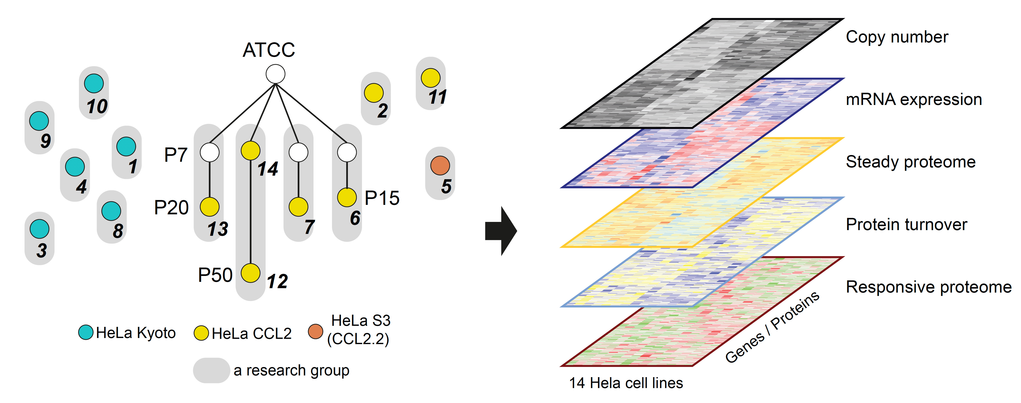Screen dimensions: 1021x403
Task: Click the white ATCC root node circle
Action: pos(275,74)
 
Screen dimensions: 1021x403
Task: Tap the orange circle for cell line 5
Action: pos(440,165)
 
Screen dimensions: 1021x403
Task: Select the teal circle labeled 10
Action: pos(94,83)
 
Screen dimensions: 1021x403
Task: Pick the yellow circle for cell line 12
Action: pos(250,273)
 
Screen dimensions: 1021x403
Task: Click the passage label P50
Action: pos(215,275)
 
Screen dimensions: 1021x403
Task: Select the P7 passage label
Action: pos(176,155)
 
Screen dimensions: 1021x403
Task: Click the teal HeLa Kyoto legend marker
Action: pos(86,332)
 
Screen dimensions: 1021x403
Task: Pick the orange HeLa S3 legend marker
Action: pos(316,331)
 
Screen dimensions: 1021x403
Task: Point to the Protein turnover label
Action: pos(907,224)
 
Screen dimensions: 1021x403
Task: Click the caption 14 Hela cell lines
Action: pos(626,383)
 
